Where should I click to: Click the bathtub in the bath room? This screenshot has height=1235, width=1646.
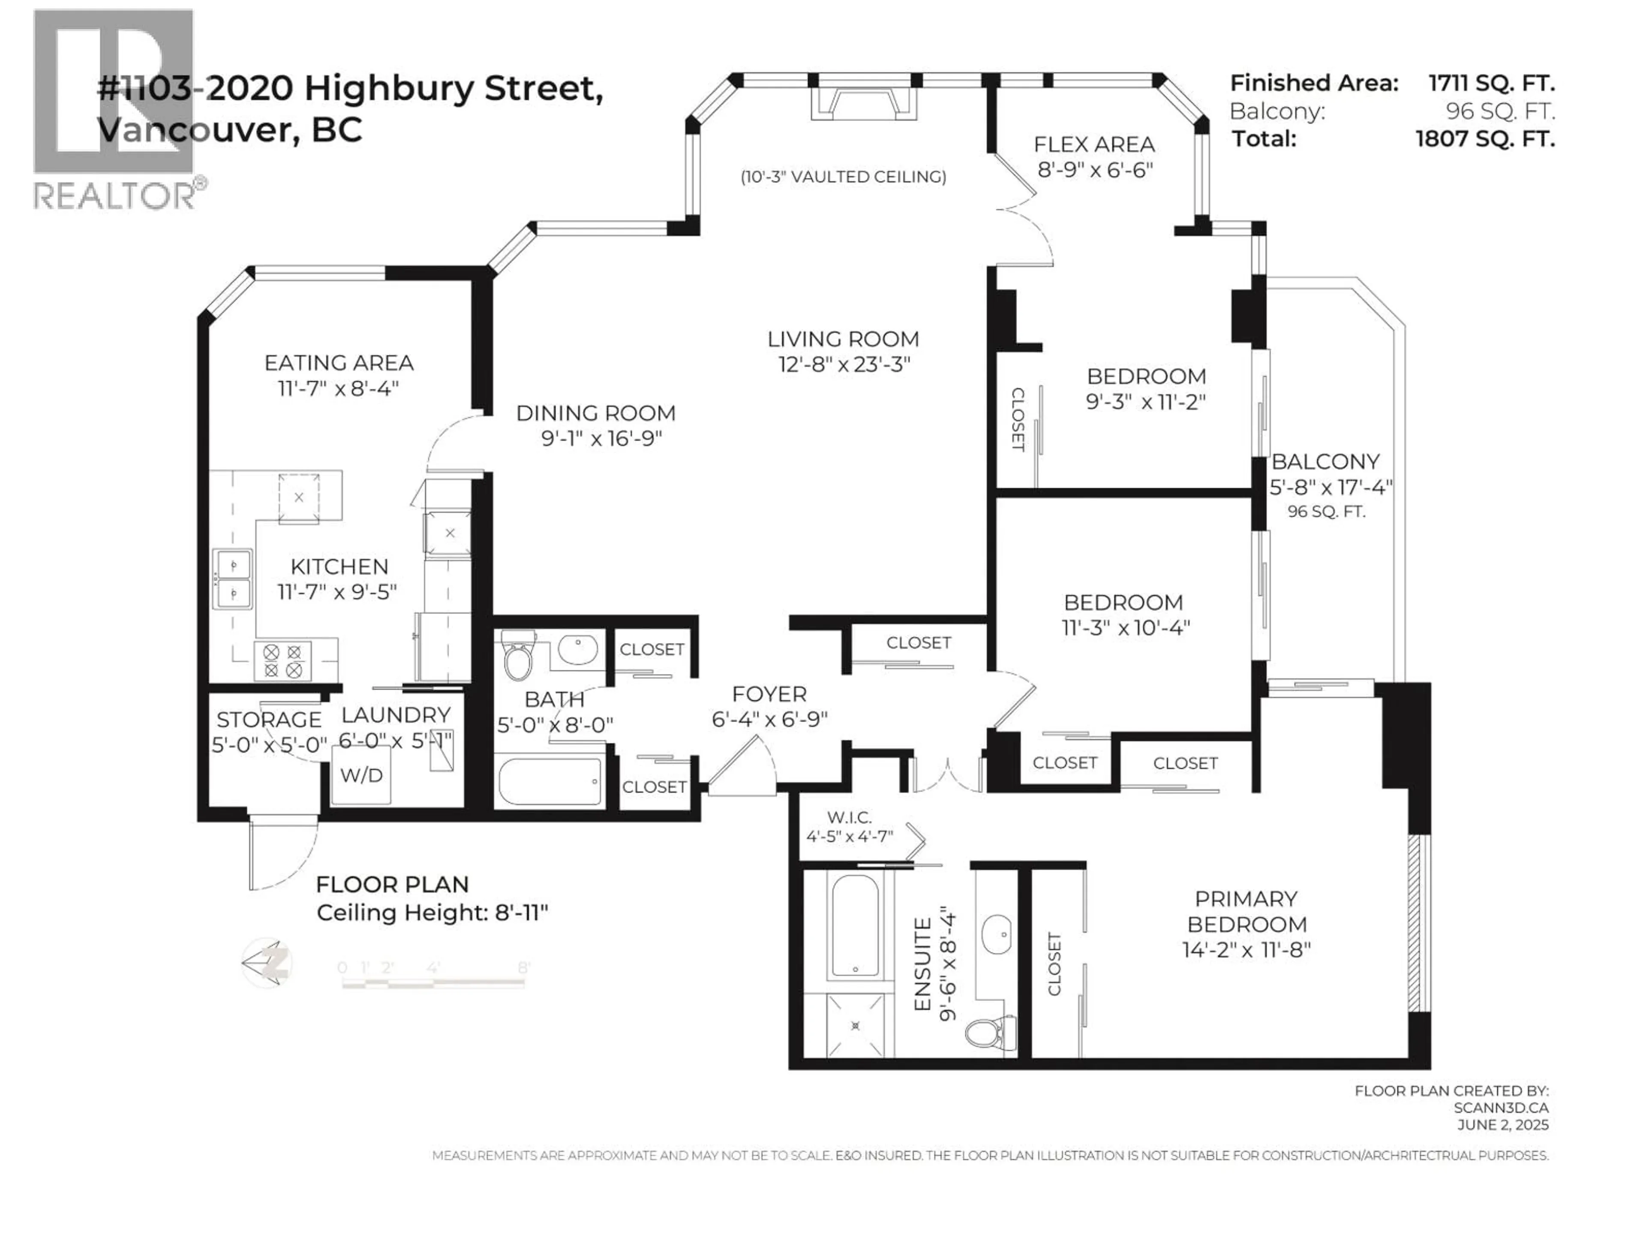tap(550, 781)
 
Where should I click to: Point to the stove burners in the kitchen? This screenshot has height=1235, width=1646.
tap(283, 661)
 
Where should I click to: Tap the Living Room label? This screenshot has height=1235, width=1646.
tap(843, 340)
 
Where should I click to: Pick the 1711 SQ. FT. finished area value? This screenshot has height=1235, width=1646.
tap(1491, 83)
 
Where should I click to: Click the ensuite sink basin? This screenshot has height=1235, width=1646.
tap(996, 935)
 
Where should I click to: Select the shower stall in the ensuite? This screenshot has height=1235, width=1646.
tap(855, 1025)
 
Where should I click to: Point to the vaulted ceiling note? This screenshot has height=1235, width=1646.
tap(843, 176)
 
